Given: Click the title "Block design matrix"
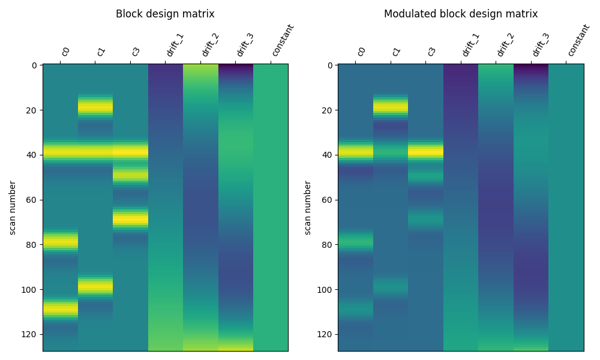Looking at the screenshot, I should click(165, 14).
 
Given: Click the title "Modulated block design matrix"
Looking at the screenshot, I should click(461, 14).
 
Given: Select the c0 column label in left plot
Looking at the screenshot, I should click(65, 52).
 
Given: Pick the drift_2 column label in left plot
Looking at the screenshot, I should click(209, 45).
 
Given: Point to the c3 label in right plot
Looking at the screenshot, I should click(431, 52).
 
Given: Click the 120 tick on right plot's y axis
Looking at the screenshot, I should click(323, 334).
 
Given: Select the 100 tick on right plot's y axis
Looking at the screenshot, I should click(323, 289).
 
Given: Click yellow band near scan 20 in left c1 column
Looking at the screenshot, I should click(95, 107).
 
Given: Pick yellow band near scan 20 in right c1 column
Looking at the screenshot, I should click(391, 107).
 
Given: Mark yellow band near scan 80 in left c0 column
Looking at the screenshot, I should click(60, 242).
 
